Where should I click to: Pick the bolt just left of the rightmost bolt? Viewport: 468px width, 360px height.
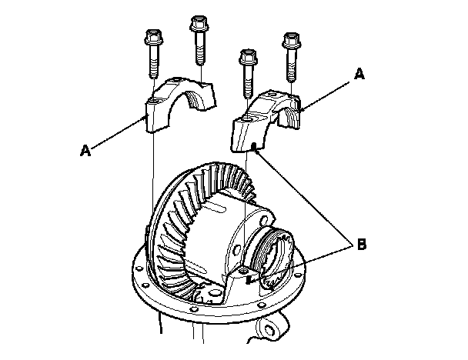point(247,71)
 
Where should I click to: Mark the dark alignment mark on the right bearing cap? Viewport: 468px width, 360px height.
point(253,146)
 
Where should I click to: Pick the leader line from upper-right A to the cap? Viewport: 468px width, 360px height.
point(327,92)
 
